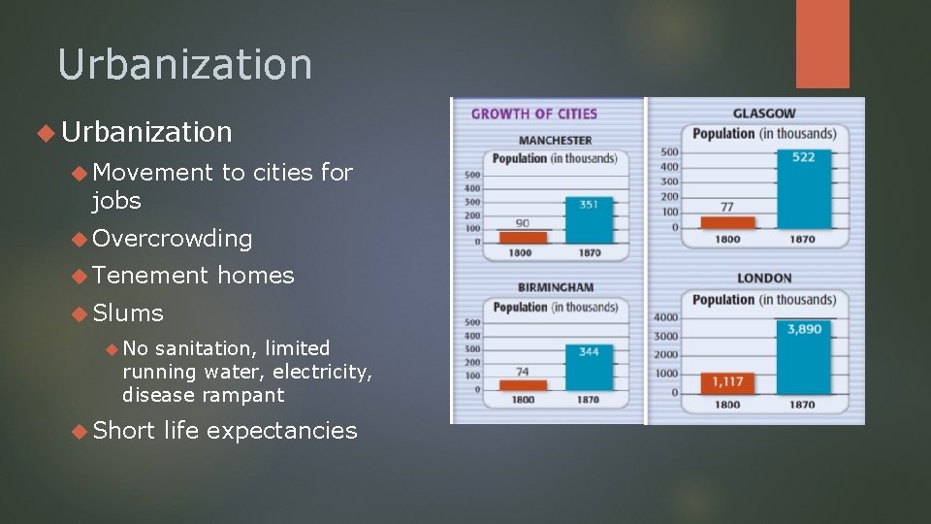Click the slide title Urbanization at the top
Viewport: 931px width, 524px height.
pyautogui.click(x=185, y=65)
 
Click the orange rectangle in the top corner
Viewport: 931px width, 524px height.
pyautogui.click(x=822, y=44)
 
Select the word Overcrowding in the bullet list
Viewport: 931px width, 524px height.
pyautogui.click(x=173, y=238)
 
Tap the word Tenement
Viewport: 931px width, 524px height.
pyautogui.click(x=150, y=276)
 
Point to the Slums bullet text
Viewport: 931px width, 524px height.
pyautogui.click(x=128, y=312)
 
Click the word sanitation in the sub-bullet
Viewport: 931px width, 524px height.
pyautogui.click(x=205, y=348)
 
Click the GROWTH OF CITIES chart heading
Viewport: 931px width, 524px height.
pyautogui.click(x=534, y=114)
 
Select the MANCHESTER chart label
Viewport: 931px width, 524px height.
pyautogui.click(x=556, y=141)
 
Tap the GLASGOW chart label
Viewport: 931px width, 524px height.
pyautogui.click(x=764, y=114)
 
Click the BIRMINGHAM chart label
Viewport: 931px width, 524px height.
pyautogui.click(x=556, y=287)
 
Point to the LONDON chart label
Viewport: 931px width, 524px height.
pyautogui.click(x=764, y=278)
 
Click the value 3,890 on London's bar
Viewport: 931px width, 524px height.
pyautogui.click(x=804, y=329)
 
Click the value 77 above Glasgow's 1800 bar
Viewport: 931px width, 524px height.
pyautogui.click(x=727, y=206)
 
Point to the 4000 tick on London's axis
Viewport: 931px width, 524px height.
pyautogui.click(x=665, y=317)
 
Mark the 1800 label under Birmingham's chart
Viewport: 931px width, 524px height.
pyautogui.click(x=523, y=399)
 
